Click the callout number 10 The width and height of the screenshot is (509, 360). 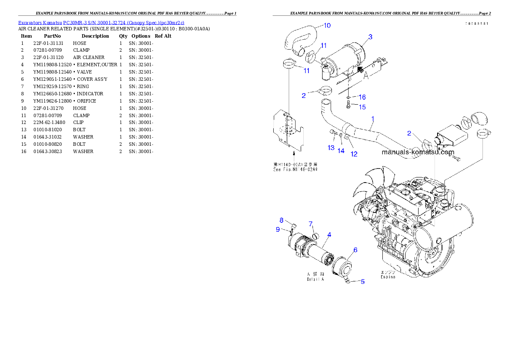[326, 26]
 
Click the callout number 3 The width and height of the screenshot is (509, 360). [370, 37]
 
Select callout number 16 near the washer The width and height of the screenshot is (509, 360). [362, 97]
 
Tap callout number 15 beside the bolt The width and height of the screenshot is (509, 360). [362, 107]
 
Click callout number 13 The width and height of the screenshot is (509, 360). [331, 148]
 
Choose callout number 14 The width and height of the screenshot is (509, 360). [341, 150]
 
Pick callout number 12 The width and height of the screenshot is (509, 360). [354, 154]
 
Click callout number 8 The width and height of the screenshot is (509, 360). [281, 220]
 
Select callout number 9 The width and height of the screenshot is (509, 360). [278, 229]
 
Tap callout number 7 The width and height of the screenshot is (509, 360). [311, 224]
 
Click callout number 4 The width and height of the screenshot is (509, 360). [329, 234]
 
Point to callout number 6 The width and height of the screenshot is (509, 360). [355, 250]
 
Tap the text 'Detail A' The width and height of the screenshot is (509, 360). [315, 279]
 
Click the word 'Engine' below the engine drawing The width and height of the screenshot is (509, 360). [388, 277]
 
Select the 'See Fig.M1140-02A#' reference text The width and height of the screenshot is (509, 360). [296, 169]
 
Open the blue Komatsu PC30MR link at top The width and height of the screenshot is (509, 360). [101, 23]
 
